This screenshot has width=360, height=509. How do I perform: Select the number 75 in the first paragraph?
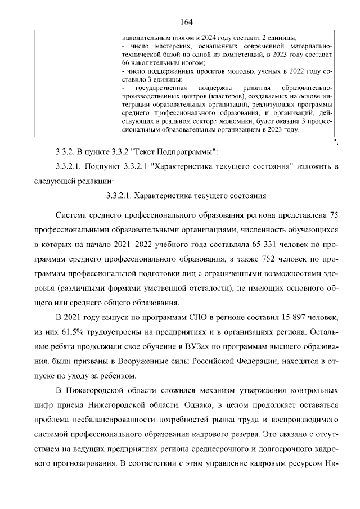332,216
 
